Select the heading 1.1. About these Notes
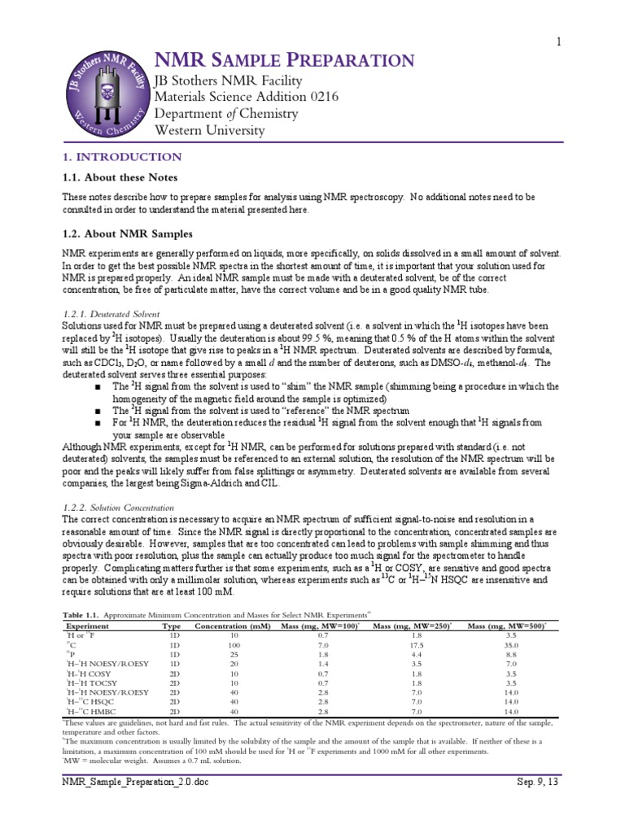120,177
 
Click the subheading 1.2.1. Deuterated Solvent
111,313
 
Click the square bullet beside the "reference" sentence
98,411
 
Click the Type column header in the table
172,626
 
